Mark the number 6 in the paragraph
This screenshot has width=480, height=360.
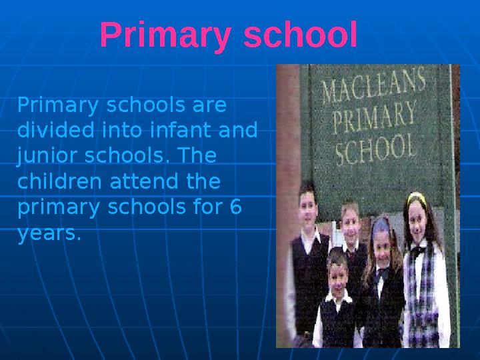tap(235, 207)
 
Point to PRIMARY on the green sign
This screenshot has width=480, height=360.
tap(375, 118)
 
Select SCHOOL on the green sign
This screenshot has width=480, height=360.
tap(375, 148)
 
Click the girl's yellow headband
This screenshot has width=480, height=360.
tap(417, 197)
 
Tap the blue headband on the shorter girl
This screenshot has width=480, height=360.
tap(381, 224)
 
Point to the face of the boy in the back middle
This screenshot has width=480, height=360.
tap(350, 223)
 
